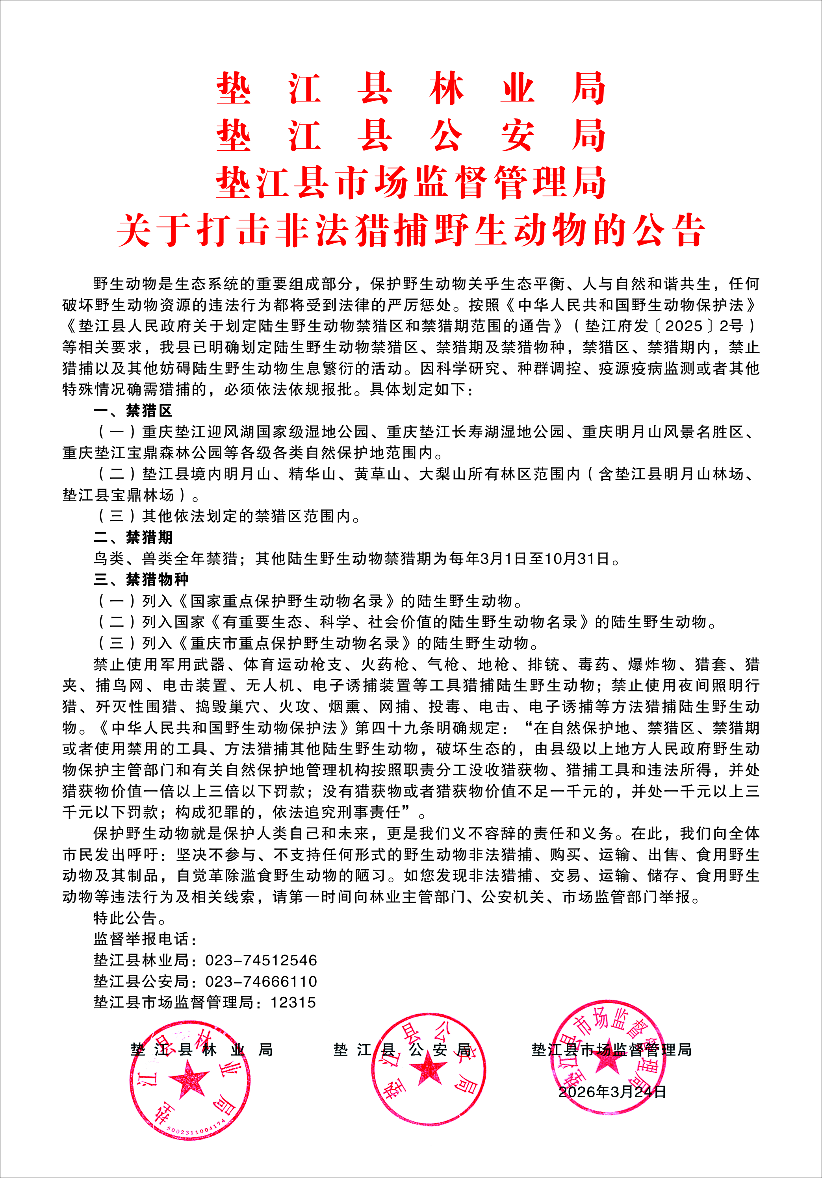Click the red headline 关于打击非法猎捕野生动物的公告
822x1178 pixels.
[410, 230]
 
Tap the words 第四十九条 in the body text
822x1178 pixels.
[395, 728]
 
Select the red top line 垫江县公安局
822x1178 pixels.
[410, 136]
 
